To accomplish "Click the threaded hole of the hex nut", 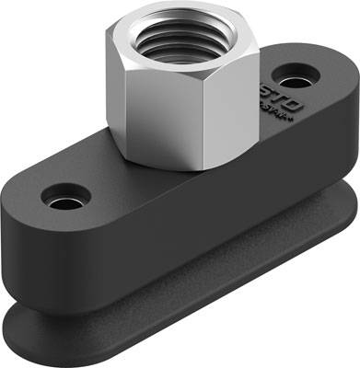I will click(x=172, y=38).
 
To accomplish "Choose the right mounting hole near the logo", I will click(x=300, y=70).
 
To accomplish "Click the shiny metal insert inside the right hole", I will click(x=301, y=73).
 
